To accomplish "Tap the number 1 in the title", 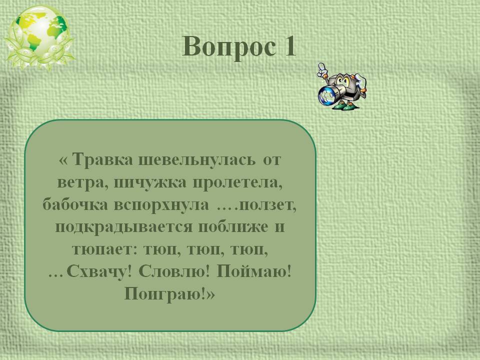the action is point(290,46).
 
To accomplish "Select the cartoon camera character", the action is point(342,86).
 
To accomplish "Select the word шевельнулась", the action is point(197,160).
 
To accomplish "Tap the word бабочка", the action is point(75,204).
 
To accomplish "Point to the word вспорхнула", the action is point(161,205).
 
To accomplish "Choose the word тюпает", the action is point(102,250).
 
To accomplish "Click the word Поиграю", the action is point(165,294).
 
